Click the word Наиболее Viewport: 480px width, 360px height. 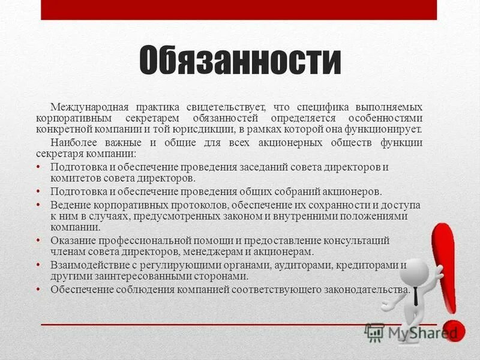[73, 143]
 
